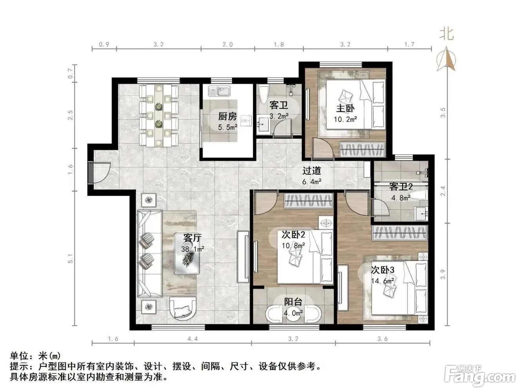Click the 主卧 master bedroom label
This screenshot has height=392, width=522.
click(345, 109)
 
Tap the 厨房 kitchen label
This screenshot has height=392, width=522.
click(228, 117)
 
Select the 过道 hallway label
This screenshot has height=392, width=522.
click(312, 171)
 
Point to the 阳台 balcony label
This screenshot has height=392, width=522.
click(293, 302)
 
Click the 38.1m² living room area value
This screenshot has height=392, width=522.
click(193, 249)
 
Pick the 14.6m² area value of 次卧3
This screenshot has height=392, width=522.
click(382, 281)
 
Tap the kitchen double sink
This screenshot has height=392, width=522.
click(219, 91)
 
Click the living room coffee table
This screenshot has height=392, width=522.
click(187, 253)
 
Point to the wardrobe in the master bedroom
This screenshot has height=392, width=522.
click(362, 150)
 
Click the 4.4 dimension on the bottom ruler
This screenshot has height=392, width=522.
click(193, 339)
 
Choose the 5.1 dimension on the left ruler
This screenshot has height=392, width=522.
click(71, 259)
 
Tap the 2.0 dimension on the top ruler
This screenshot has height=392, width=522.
click(227, 44)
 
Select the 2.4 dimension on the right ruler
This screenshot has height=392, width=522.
click(443, 191)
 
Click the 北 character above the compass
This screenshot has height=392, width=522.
click(447, 34)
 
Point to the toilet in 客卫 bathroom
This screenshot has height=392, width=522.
click(263, 94)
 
